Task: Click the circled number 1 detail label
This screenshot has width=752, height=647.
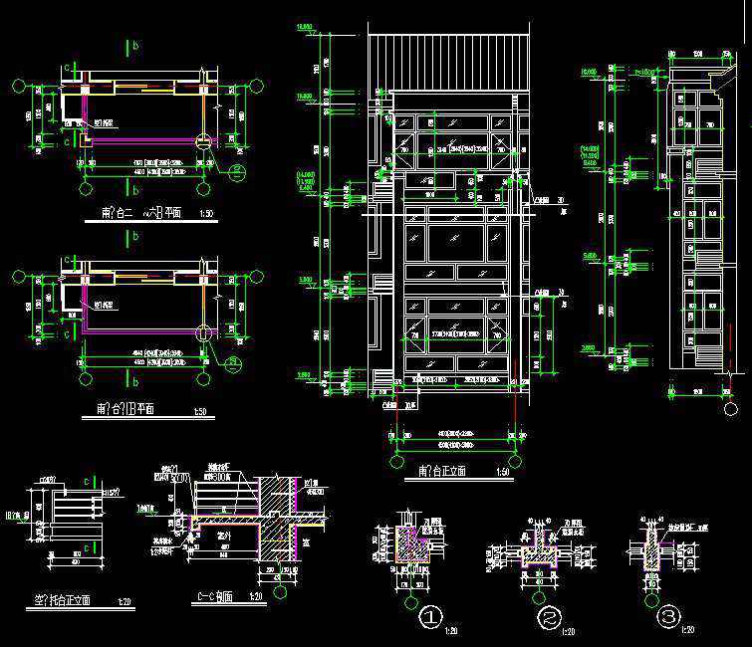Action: pos(429,618)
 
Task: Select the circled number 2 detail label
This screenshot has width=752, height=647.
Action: pos(550,618)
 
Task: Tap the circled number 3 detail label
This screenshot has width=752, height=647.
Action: pos(667,618)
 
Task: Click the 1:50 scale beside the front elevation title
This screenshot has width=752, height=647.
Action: pos(502,471)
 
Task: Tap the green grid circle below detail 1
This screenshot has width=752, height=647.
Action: pos(408,601)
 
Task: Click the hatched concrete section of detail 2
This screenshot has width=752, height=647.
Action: pos(539,551)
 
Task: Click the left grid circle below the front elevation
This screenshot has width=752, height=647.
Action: pos(395,462)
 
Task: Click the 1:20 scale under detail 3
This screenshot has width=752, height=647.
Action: pos(686,629)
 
